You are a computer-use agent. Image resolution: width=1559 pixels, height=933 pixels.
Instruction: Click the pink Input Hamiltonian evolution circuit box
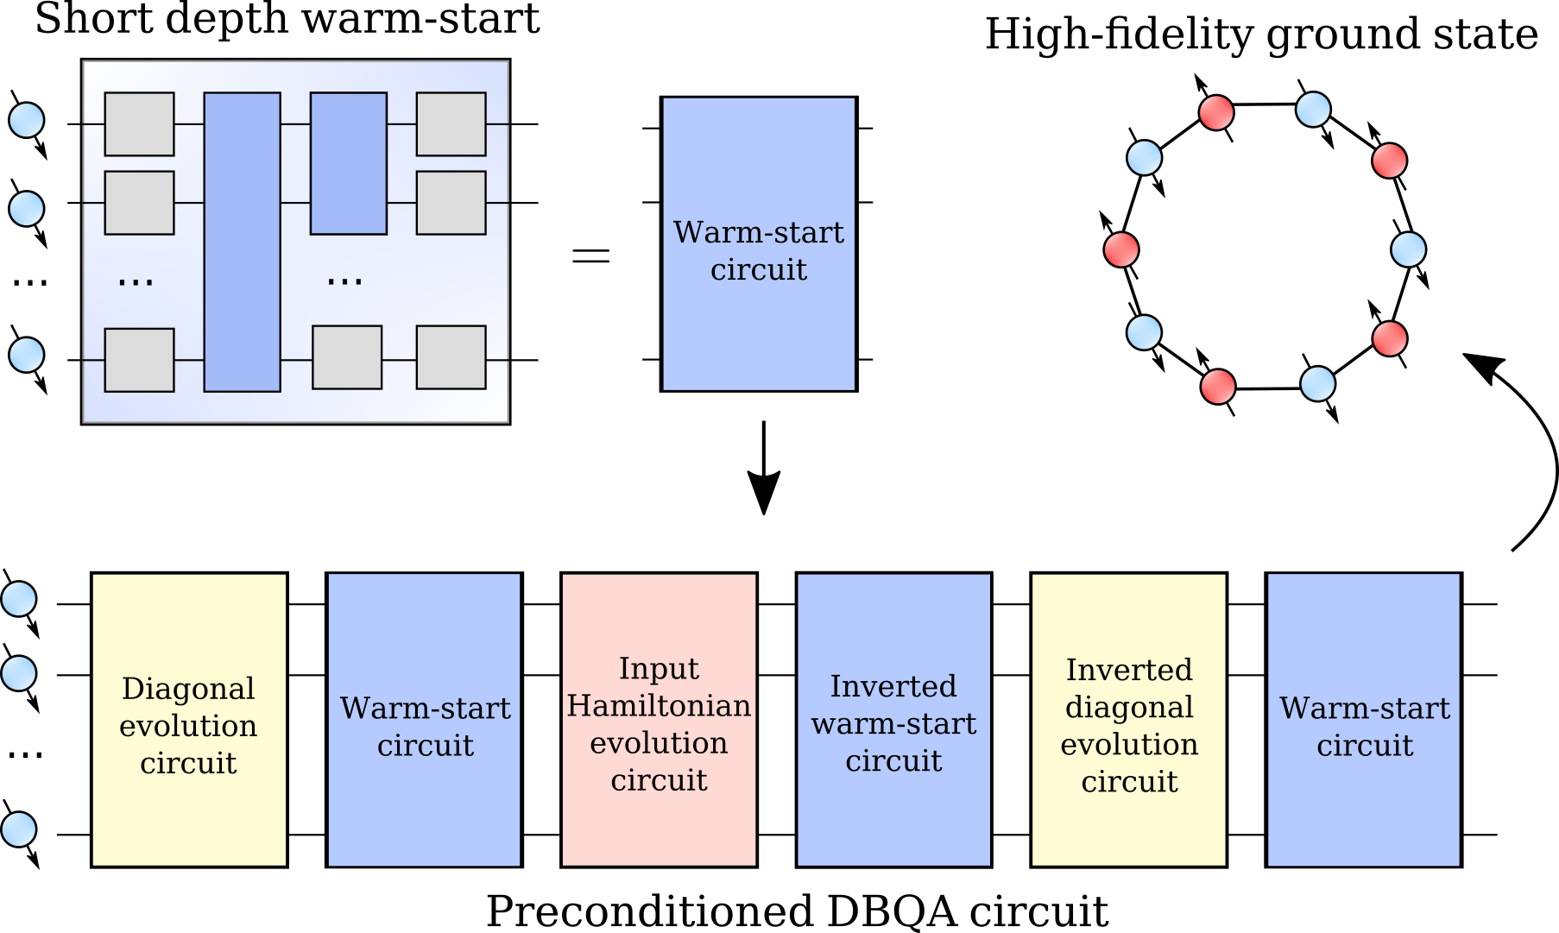coord(659,720)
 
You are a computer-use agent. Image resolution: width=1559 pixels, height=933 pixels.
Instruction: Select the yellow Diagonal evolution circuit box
coord(189,720)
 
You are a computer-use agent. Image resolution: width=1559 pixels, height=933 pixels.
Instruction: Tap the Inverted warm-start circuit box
coord(893,720)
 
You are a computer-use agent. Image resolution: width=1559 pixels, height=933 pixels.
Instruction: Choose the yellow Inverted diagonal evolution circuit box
coord(1128,720)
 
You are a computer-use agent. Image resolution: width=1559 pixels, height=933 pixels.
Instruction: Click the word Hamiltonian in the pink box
coord(659,706)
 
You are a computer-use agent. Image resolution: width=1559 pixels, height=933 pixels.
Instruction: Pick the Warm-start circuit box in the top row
coord(759,243)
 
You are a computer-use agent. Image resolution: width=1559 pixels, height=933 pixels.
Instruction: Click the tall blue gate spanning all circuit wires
coord(242,242)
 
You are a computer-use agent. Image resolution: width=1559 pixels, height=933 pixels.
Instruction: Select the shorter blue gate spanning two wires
coord(348,163)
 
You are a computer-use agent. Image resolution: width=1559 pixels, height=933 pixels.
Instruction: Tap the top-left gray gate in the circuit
coord(139,124)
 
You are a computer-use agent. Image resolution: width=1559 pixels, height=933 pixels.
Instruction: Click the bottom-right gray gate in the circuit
coord(451,357)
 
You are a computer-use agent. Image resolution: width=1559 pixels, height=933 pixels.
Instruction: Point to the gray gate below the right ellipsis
coord(347,357)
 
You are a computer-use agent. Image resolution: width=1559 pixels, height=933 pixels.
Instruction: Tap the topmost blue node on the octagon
coord(1313,110)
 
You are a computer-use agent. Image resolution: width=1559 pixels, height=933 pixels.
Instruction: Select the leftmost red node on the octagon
coord(1122,249)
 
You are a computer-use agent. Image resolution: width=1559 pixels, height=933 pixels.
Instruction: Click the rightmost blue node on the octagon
coord(1408,249)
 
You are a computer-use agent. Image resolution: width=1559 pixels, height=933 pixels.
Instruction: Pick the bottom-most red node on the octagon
coord(1218,386)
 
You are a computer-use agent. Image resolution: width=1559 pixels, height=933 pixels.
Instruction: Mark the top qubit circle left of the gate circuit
coord(27,120)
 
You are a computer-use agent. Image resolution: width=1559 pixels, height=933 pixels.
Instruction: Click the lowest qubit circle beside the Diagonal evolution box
coord(19,829)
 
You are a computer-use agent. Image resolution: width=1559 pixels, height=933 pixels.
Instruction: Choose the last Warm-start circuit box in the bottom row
coord(1363,720)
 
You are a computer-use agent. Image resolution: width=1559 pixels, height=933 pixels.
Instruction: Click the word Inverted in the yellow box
coord(1129,670)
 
